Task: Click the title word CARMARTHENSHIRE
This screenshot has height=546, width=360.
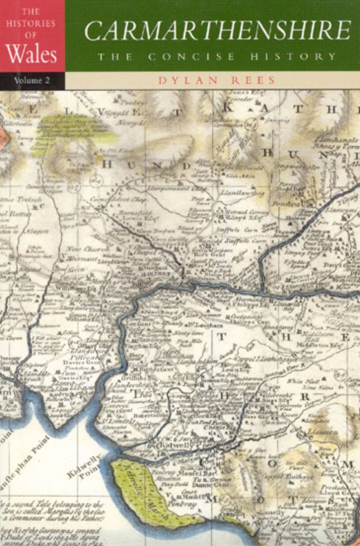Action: pos(218,31)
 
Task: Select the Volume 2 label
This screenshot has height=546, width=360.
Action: pos(32,80)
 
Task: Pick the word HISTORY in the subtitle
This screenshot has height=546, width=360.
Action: pos(293,56)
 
